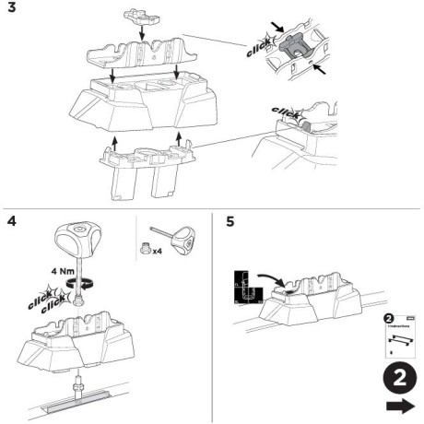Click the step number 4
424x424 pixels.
10,223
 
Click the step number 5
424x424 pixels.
230,223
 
